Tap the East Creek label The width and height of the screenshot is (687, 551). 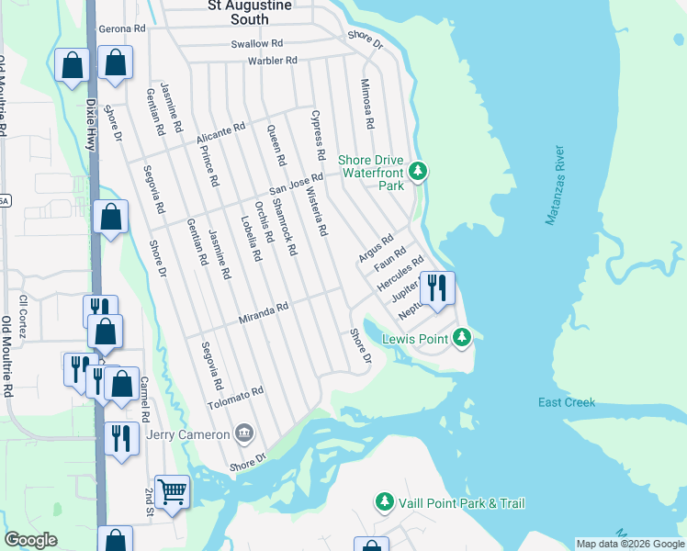click(567, 403)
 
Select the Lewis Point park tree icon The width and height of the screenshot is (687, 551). click(464, 339)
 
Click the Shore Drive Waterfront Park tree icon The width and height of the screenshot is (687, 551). click(418, 171)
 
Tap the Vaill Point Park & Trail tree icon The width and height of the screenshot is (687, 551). click(384, 502)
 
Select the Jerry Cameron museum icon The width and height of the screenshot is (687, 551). click(244, 433)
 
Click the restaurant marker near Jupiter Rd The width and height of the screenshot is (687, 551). click(437, 287)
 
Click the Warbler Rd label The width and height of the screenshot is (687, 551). click(273, 61)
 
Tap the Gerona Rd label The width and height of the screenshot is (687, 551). click(122, 29)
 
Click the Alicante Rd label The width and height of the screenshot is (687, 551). click(221, 134)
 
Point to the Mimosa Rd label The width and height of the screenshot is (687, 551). click(368, 108)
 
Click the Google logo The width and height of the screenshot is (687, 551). click(31, 540)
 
